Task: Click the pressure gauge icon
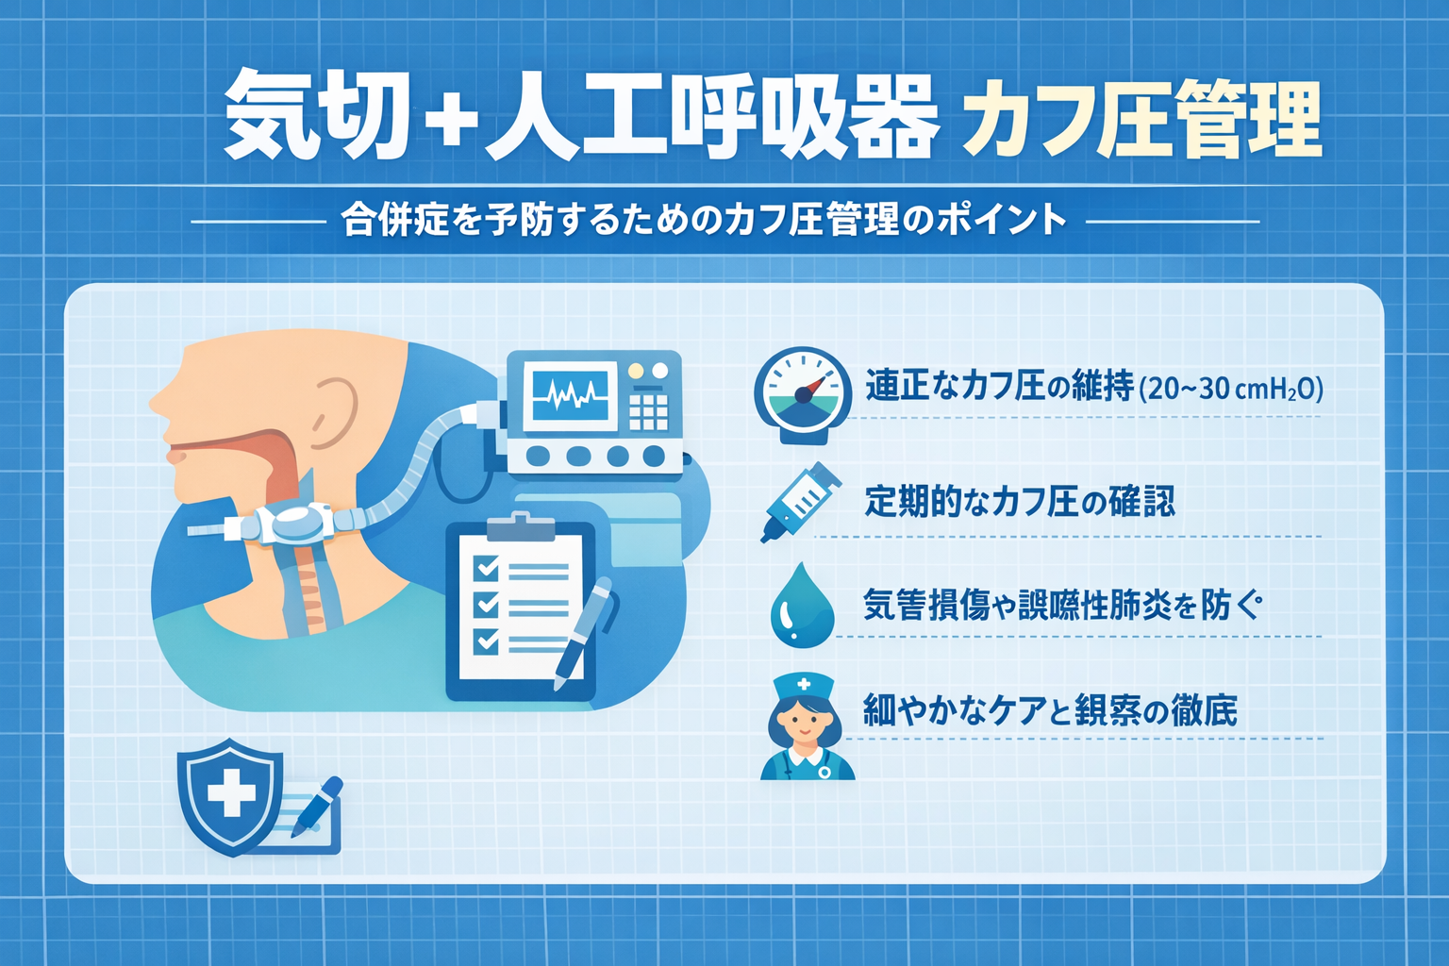(x=802, y=394)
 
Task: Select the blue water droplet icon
(x=802, y=606)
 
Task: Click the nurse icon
(x=806, y=727)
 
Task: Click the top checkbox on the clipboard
(x=487, y=567)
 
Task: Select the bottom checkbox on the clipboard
(x=487, y=641)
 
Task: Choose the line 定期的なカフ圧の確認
(x=1020, y=501)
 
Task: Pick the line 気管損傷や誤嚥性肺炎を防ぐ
(x=1062, y=605)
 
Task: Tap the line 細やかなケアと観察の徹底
(x=1050, y=709)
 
